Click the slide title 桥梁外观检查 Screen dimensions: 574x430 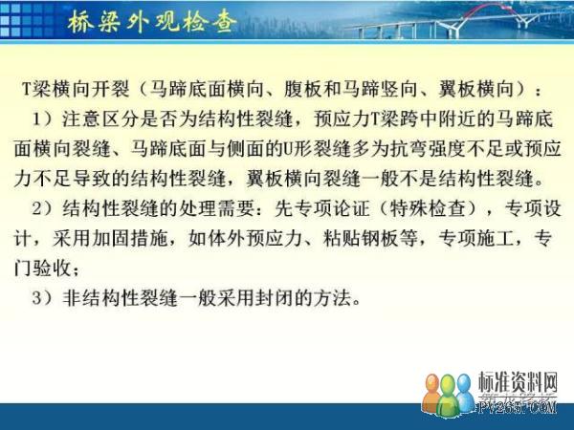click(x=151, y=22)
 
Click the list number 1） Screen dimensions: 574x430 click(x=43, y=119)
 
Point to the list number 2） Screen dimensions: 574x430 click(x=43, y=208)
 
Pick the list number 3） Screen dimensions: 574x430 click(x=43, y=298)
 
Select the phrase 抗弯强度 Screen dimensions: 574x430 click(x=429, y=149)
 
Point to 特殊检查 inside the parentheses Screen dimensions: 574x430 click(x=429, y=208)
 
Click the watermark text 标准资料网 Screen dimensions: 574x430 click(x=518, y=382)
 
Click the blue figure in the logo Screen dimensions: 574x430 click(x=464, y=393)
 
